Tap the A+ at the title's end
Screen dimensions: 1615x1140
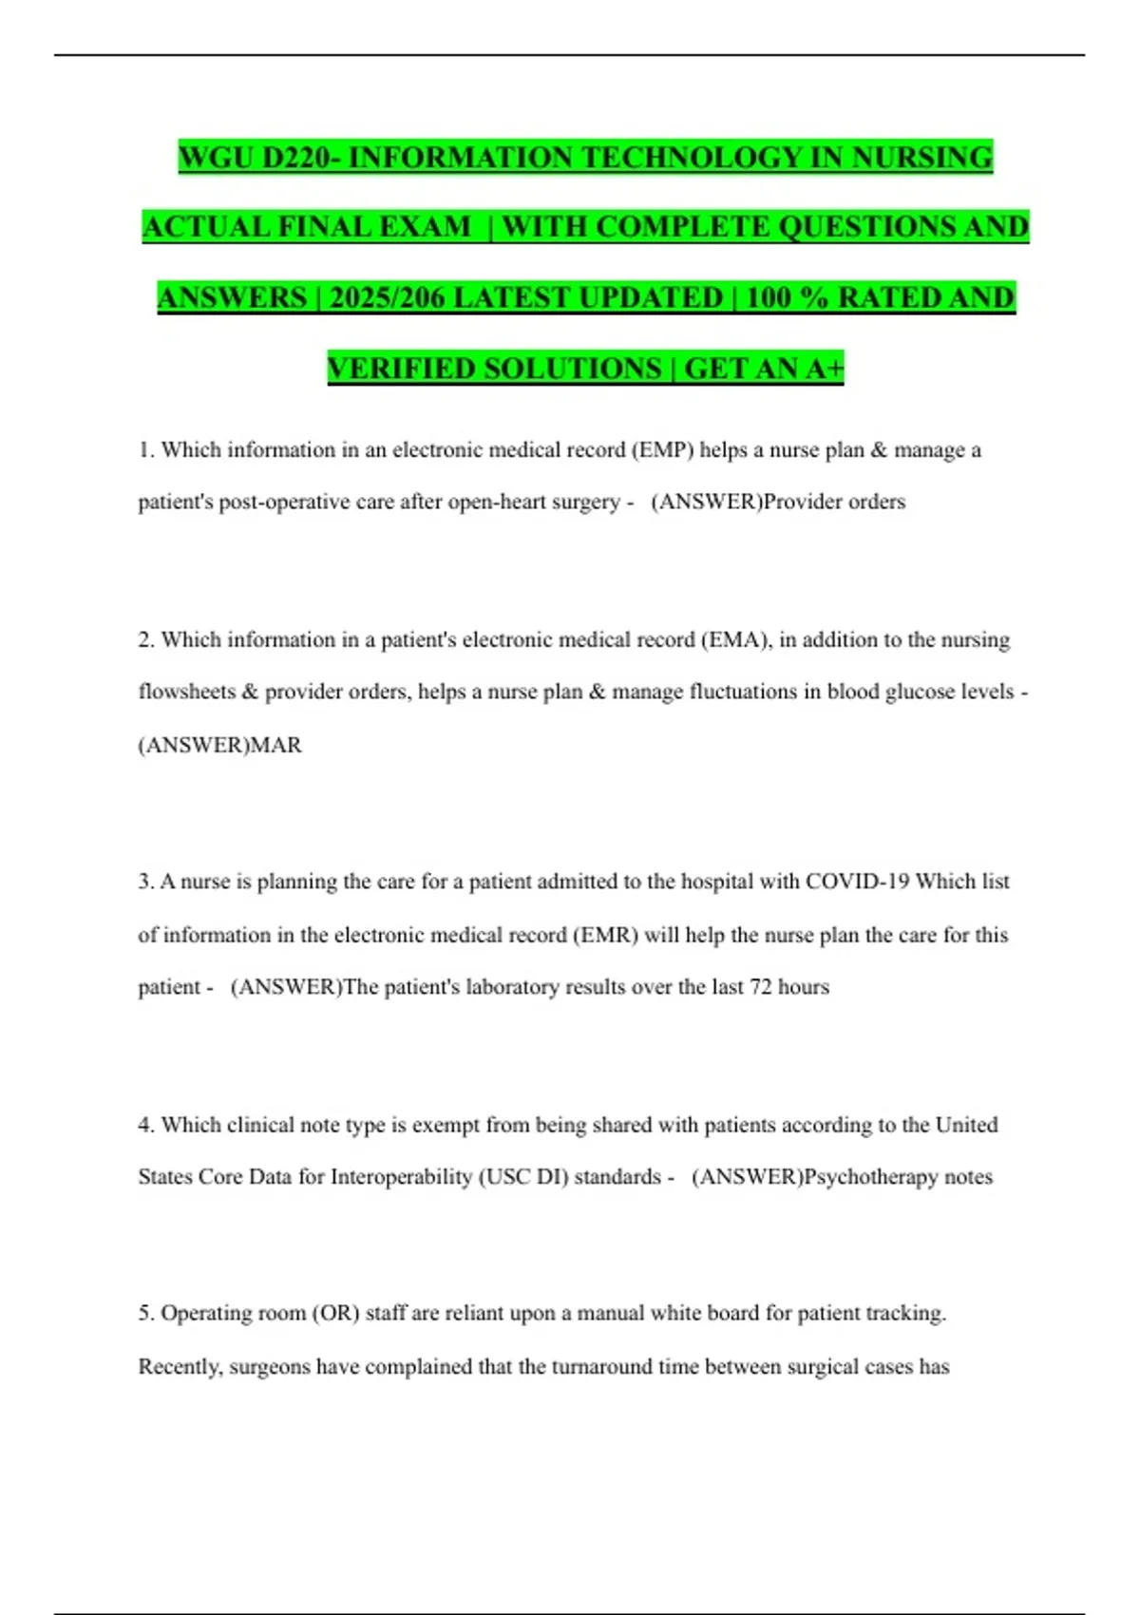[824, 368]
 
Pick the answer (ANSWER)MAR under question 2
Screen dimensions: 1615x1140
[220, 745]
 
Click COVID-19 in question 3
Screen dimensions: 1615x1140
[857, 882]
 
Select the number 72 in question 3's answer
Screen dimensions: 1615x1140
[760, 987]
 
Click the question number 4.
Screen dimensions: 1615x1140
[145, 1125]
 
